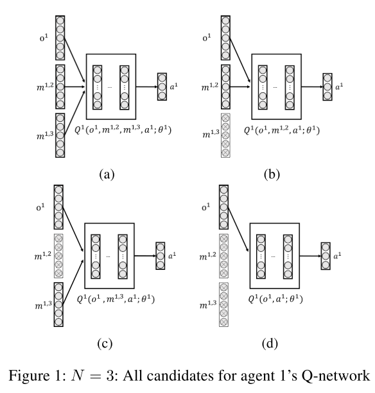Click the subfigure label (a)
click(x=107, y=174)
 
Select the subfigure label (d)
click(x=270, y=344)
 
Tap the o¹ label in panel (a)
click(x=44, y=38)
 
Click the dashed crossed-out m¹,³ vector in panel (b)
click(x=225, y=136)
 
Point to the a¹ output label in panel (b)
click(x=339, y=87)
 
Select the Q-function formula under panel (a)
click(x=123, y=130)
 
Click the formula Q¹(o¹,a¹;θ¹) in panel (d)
click(x=275, y=299)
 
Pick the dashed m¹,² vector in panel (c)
click(x=58, y=256)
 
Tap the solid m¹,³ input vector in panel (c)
click(x=58, y=305)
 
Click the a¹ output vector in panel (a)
click(x=162, y=87)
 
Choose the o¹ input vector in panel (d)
click(x=223, y=207)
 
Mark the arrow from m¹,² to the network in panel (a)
click(x=74, y=87)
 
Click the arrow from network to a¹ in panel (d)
click(x=310, y=256)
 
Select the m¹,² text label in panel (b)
click(x=210, y=87)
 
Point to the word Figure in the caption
click(x=26, y=376)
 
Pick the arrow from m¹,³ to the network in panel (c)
click(x=73, y=282)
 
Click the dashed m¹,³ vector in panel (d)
click(x=223, y=305)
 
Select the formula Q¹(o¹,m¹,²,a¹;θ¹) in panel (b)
click(x=282, y=130)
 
